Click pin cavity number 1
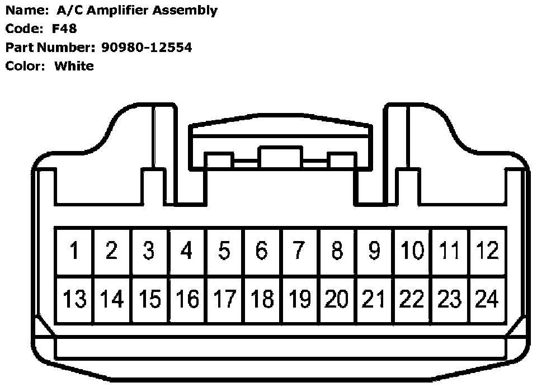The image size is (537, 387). pos(74,251)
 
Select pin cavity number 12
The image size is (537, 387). pos(487,251)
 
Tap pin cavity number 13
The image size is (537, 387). pos(74,300)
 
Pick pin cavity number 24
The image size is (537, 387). pos(487,300)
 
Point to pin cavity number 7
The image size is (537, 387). pos(299,251)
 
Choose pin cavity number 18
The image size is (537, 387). pos(262,300)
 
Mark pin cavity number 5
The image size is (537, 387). pos(224,251)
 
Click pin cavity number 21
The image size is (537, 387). pos(374,300)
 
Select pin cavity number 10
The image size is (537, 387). pos(412,251)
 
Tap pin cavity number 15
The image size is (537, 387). pos(149,300)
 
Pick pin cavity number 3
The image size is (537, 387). pos(149,251)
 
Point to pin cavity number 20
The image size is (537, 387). pos(337,300)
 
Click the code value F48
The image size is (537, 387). pos(64,29)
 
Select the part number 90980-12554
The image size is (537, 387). pos(147,48)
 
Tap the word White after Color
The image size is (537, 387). pos(74,66)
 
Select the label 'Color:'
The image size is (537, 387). pos(25,66)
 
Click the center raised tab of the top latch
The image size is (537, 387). pos(280,156)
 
